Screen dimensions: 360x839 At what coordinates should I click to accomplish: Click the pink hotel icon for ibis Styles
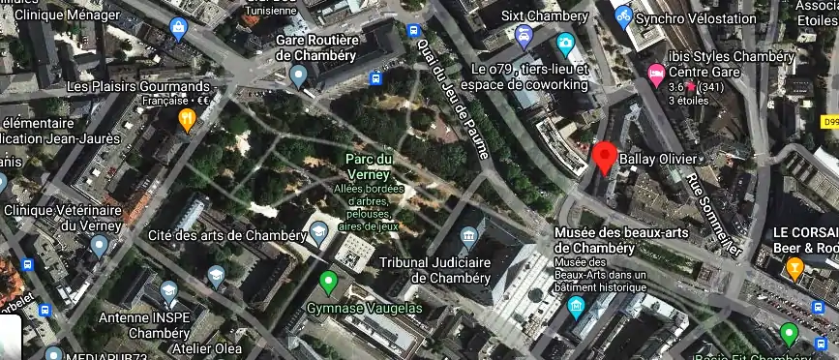[x=656, y=73]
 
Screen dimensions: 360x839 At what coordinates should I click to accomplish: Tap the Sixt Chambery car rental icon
[x=524, y=37]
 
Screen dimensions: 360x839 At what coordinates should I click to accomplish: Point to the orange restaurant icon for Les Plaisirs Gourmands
[x=187, y=119]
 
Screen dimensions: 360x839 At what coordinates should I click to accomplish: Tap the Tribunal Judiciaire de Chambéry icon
[x=470, y=235]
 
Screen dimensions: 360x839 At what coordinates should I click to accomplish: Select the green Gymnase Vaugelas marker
[x=328, y=284]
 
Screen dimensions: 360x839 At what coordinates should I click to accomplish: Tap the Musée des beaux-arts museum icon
[x=577, y=308]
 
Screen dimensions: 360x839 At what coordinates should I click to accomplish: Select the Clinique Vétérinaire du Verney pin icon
[x=98, y=244]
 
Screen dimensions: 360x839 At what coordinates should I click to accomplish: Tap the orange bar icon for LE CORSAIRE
[x=795, y=267]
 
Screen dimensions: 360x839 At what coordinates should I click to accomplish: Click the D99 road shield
[x=828, y=123]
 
